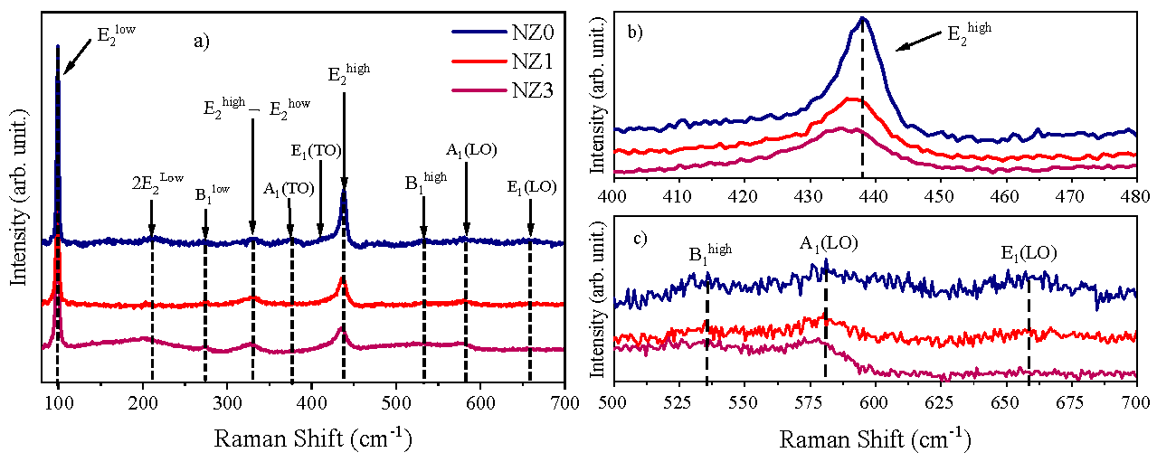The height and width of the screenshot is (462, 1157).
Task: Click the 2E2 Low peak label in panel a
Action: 152,183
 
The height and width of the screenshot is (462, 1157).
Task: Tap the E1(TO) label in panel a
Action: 316,150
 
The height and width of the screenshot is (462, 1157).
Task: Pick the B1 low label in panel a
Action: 213,193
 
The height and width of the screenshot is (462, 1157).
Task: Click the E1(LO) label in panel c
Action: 1028,253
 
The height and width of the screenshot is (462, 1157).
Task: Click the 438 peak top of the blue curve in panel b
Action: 863,18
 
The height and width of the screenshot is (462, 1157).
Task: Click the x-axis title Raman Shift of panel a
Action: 313,440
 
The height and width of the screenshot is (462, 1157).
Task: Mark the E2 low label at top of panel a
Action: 118,37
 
